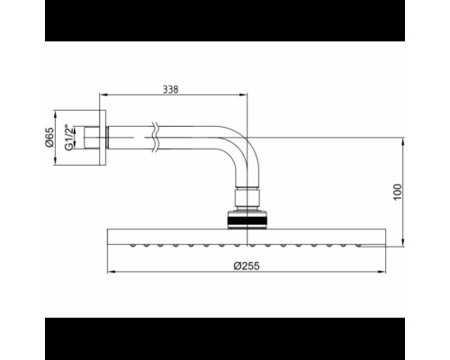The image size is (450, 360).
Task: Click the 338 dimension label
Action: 170,89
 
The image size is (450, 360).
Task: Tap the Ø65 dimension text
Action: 49,138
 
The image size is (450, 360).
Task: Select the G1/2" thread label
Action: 68,138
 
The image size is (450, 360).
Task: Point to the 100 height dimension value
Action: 397,192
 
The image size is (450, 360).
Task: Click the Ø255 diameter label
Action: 247,265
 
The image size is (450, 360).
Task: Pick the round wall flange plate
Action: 103,138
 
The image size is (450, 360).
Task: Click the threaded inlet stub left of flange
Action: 92,138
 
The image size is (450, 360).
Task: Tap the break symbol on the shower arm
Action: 155,138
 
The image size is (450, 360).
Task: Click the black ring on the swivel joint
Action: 247,220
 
